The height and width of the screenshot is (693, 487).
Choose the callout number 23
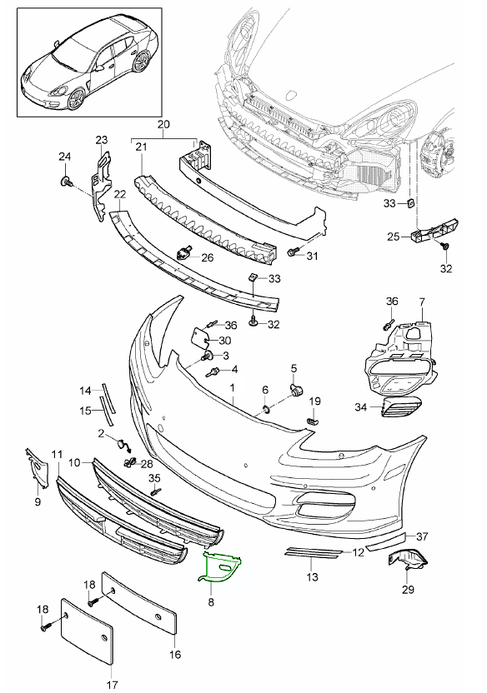tap(102, 139)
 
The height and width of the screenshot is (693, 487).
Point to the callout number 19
tap(315, 401)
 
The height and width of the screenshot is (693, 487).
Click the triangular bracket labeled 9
tap(38, 471)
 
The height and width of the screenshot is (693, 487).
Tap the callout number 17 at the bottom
tap(112, 685)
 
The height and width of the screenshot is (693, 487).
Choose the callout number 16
tap(174, 655)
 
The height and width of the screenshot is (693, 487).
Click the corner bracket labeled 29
tap(406, 563)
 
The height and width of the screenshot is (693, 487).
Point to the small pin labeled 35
tap(155, 491)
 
